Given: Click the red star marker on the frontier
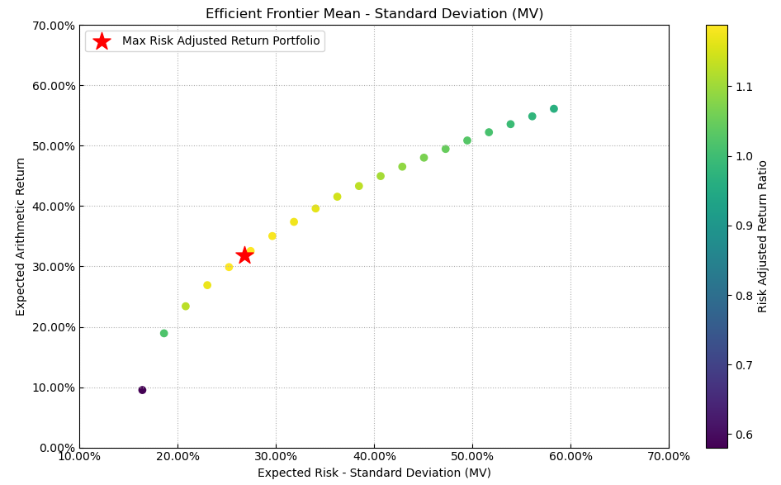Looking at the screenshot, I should click(x=244, y=255).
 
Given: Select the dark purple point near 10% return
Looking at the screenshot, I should click(x=142, y=390).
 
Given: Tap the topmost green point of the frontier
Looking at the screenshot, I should click(x=554, y=109).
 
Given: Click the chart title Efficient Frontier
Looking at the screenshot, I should click(x=374, y=14).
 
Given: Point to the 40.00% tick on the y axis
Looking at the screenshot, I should click(x=51, y=207).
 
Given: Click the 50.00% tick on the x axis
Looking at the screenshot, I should click(x=472, y=456).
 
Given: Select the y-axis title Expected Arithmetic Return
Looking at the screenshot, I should click(x=21, y=236).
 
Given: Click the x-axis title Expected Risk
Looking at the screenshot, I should click(x=374, y=473).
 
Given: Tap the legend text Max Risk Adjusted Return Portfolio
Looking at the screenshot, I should click(x=220, y=41).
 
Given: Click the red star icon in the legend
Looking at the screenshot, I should click(x=102, y=41).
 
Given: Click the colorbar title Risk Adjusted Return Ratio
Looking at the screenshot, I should click(x=763, y=236).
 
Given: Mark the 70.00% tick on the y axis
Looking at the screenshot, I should click(x=51, y=26).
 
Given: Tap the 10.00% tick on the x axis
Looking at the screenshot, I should click(x=79, y=456).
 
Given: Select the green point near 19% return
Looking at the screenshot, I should click(x=164, y=334).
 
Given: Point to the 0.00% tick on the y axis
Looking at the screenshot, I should click(x=54, y=448).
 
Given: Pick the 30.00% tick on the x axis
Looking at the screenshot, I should click(x=276, y=456).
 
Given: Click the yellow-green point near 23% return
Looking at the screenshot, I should click(x=186, y=307).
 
